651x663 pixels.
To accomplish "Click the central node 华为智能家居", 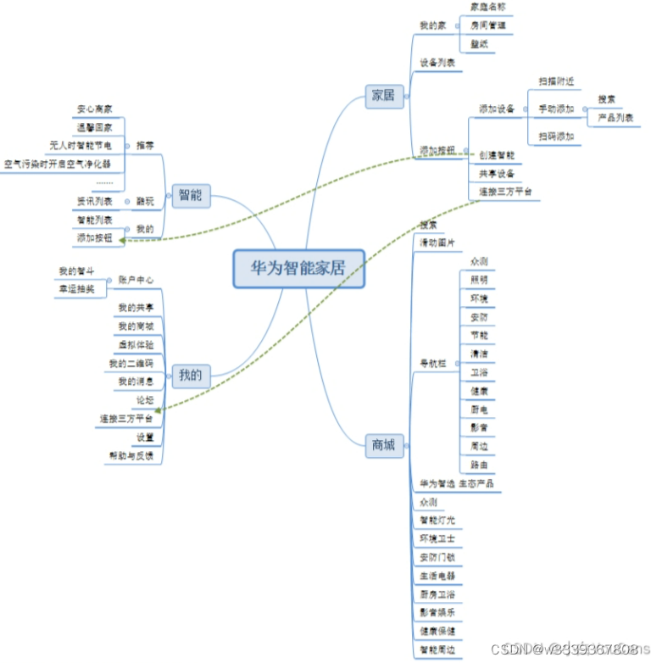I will (298, 269).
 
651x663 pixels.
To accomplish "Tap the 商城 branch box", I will (383, 444).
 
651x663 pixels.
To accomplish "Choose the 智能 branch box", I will (190, 196).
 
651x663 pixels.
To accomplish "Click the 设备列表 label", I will (437, 63).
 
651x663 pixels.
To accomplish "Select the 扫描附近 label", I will (556, 81).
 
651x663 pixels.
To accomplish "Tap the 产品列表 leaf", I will (615, 118).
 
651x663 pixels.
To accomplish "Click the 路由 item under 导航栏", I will (478, 465).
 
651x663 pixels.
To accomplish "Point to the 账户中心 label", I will (136, 279).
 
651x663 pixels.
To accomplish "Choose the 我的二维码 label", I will (131, 363).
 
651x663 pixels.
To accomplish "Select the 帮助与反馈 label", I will (131, 455).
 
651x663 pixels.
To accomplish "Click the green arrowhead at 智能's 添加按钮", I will (123, 240).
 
